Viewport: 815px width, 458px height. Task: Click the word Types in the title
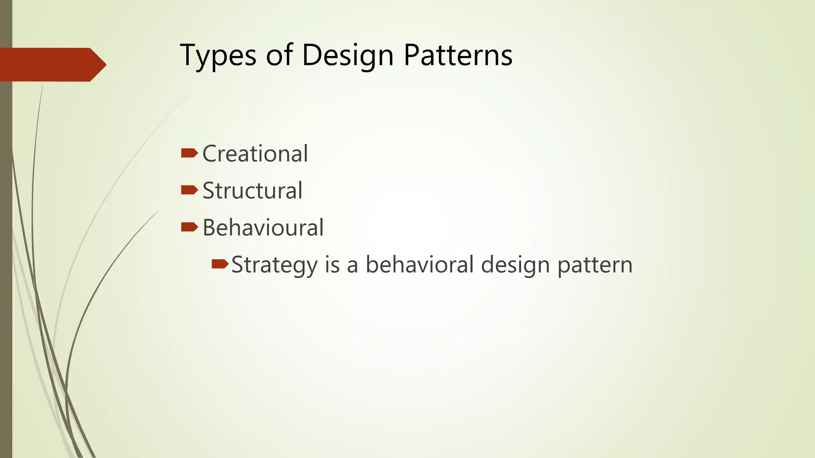tap(218, 56)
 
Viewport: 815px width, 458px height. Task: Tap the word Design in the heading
tap(347, 56)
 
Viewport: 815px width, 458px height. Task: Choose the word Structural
tap(252, 190)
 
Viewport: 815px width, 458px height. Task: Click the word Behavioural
tap(263, 227)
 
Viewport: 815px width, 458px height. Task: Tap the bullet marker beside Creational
tap(189, 153)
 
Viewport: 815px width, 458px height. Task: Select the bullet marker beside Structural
tap(189, 190)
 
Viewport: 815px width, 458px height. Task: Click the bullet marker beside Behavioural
tap(189, 227)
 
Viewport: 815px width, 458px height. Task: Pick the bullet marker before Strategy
tap(220, 264)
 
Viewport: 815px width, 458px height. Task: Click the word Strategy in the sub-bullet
tap(275, 265)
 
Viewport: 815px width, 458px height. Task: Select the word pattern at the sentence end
tap(595, 265)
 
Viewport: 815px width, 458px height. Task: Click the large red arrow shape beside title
tap(48, 64)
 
